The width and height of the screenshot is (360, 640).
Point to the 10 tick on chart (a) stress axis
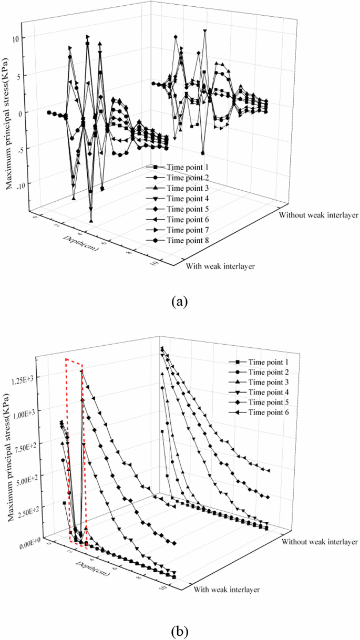point(15,39)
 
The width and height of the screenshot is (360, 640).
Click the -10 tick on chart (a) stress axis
point(13,184)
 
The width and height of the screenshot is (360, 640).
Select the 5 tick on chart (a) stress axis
point(16,76)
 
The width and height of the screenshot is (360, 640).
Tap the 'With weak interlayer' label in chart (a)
point(221,266)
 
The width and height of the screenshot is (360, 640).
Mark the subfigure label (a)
point(180,302)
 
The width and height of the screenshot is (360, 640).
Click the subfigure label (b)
point(180,629)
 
